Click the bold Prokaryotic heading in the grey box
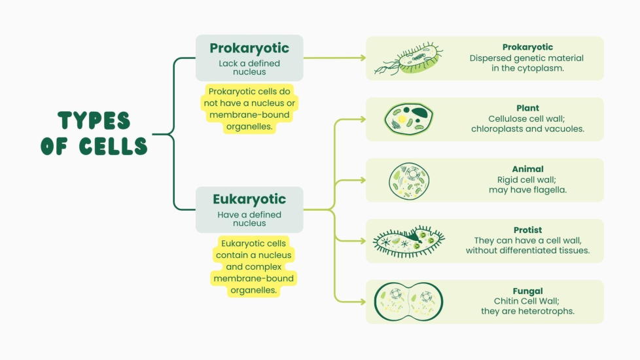[x=249, y=48]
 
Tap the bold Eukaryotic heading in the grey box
[x=249, y=199]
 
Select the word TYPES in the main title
[x=94, y=121]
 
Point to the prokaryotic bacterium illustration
[x=409, y=58]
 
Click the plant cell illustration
[x=408, y=118]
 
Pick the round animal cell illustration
[x=409, y=179]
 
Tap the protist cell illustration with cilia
[x=408, y=240]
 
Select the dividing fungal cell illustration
[x=408, y=301]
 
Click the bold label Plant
[x=527, y=108]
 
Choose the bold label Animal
[x=527, y=169]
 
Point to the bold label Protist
[x=527, y=230]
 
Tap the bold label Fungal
[x=527, y=291]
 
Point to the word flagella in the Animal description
[x=548, y=190]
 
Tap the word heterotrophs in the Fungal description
[x=544, y=311]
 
